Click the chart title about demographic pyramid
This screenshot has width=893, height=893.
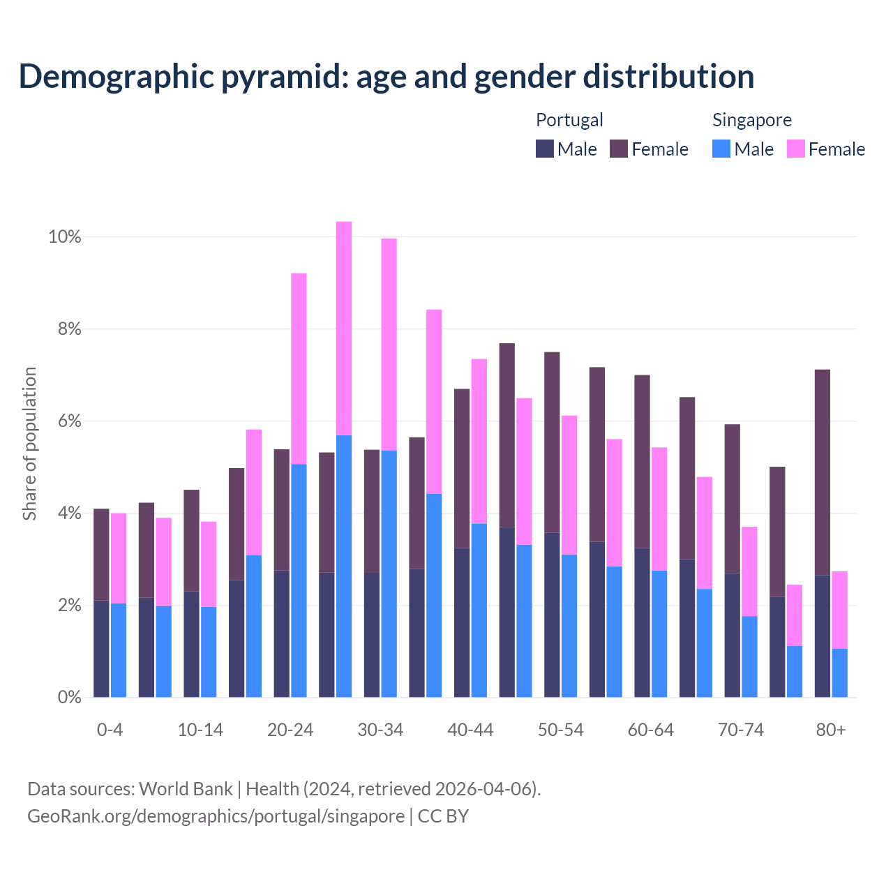click(x=387, y=77)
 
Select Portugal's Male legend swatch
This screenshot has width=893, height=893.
click(x=545, y=149)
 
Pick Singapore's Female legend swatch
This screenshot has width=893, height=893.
click(x=795, y=149)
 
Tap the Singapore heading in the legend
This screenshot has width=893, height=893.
click(x=751, y=120)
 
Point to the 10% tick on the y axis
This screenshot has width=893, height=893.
click(x=64, y=237)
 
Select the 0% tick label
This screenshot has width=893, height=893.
click(x=68, y=697)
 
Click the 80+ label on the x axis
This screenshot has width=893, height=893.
click(x=831, y=730)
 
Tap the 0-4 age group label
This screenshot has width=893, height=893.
click(x=110, y=730)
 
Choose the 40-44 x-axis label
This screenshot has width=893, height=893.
click(x=470, y=730)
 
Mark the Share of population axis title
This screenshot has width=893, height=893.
click(x=29, y=444)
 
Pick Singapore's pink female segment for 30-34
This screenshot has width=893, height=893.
click(x=389, y=345)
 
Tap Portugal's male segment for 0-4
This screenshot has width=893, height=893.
click(x=102, y=649)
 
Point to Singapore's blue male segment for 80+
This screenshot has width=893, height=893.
click(x=840, y=673)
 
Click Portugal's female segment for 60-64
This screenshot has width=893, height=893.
click(x=642, y=461)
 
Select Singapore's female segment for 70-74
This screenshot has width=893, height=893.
click(x=749, y=571)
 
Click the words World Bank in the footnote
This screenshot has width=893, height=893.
click(x=186, y=789)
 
